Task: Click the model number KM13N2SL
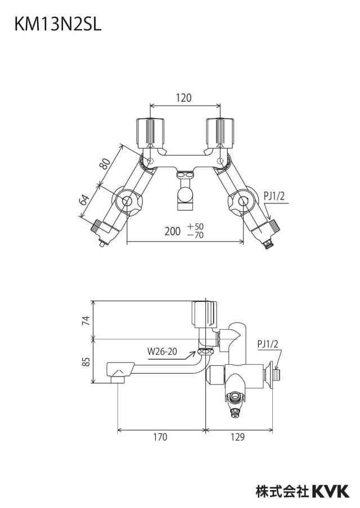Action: click(58, 24)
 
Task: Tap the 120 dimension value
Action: click(184, 98)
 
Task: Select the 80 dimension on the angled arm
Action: click(105, 164)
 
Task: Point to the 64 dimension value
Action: click(84, 200)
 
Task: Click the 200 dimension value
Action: click(173, 232)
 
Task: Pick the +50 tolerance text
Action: click(195, 226)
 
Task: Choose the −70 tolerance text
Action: click(195, 234)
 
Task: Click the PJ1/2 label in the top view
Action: click(274, 196)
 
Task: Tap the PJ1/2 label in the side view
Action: click(268, 344)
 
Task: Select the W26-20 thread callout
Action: click(162, 351)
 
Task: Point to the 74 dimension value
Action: click(85, 321)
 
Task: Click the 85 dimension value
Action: click(85, 361)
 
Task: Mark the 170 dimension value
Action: click(160, 437)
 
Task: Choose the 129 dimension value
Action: click(238, 437)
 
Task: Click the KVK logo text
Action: click(331, 491)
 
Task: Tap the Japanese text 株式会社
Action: click(282, 491)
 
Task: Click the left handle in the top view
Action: click(150, 133)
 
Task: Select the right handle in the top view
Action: click(220, 133)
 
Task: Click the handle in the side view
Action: click(204, 314)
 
